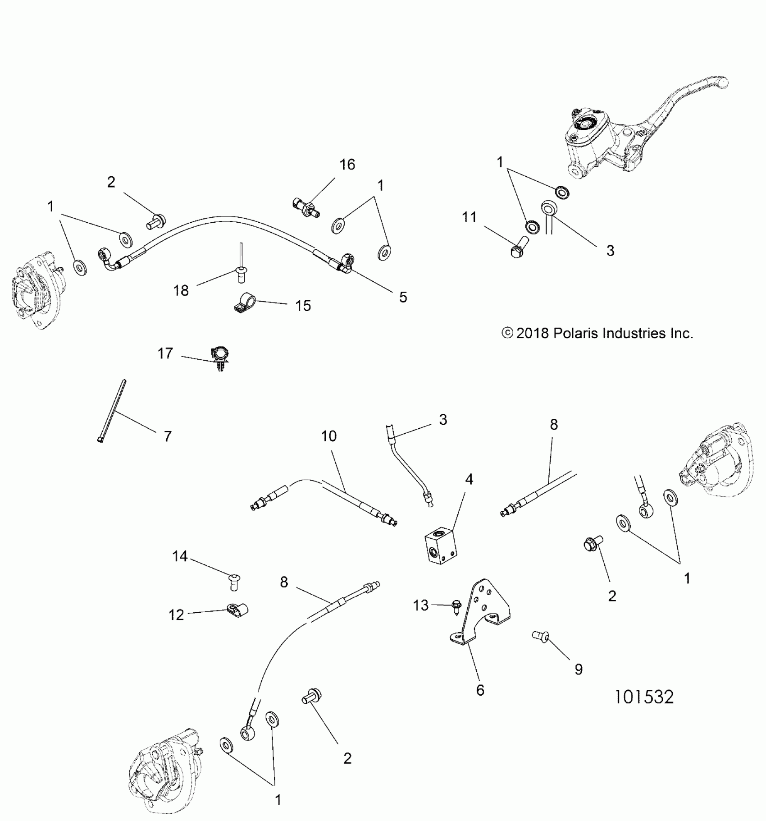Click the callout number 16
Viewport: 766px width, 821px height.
347,165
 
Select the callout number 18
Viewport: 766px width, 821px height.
181,291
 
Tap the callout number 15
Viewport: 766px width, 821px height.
303,306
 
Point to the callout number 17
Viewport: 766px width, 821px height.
165,353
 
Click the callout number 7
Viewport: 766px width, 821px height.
167,436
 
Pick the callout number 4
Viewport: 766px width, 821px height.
469,480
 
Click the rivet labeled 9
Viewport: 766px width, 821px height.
539,636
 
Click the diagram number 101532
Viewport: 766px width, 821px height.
644,697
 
